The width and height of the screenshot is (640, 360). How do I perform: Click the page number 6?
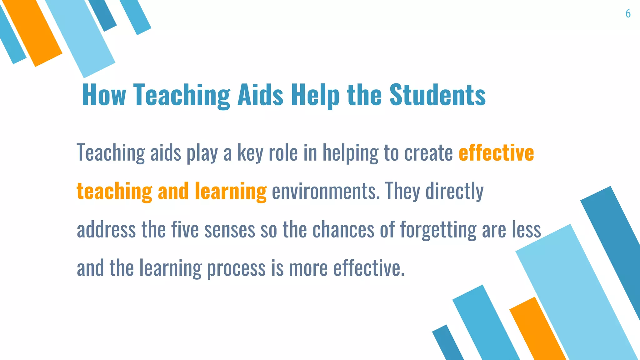628,14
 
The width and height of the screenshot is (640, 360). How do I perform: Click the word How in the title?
104,95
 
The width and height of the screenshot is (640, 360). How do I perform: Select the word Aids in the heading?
260,95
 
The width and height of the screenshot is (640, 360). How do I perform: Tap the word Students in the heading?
437,95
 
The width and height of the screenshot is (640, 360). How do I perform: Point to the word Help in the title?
315,95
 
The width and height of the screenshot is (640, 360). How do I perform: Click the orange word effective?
496,153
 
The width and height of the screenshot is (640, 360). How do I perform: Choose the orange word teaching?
114,191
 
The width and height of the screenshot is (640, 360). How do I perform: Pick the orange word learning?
231,191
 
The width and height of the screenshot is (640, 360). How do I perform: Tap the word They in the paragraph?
402,191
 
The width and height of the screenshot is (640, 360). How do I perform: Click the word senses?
230,230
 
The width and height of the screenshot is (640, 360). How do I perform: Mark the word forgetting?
438,230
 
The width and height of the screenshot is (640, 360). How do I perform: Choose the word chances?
343,230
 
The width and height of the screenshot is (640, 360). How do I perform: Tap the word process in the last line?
236,268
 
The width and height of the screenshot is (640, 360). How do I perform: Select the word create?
428,153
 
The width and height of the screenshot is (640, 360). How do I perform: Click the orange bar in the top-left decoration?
33,33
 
